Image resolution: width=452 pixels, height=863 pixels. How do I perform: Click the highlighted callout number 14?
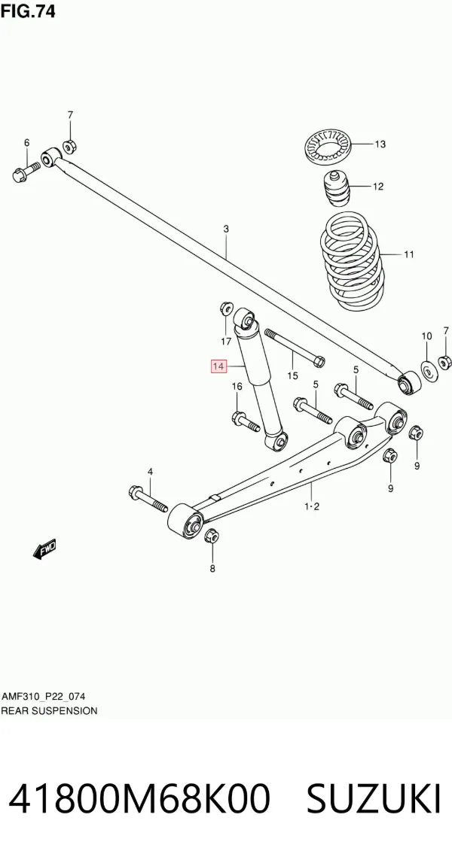point(218,366)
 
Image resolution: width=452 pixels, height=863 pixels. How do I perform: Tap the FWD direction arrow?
point(44,549)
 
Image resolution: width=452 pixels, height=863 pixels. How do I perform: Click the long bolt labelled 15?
point(295,348)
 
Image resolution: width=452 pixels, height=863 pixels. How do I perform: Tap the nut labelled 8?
point(212,536)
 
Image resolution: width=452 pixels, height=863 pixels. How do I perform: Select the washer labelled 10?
point(427,370)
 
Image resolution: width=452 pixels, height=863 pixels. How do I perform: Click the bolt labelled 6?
point(26,171)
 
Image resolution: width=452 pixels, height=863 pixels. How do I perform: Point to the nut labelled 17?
point(226,308)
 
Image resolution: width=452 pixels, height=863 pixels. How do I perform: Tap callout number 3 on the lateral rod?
point(225,229)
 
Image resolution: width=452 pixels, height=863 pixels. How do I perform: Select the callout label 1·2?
point(311,507)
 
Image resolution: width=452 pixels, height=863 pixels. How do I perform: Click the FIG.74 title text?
point(28,11)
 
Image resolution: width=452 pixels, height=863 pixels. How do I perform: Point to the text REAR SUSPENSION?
point(49,710)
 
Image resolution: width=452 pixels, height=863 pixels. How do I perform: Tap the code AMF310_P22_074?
point(43,697)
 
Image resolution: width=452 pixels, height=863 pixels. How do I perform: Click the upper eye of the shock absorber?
point(244,318)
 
